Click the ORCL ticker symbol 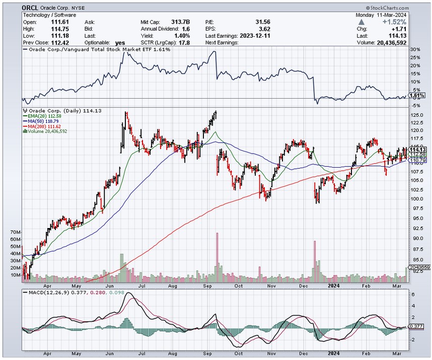pyautogui.click(x=31, y=8)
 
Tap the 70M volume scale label pyautogui.click(x=16, y=232)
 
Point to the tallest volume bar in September pyautogui.click(x=217, y=257)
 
